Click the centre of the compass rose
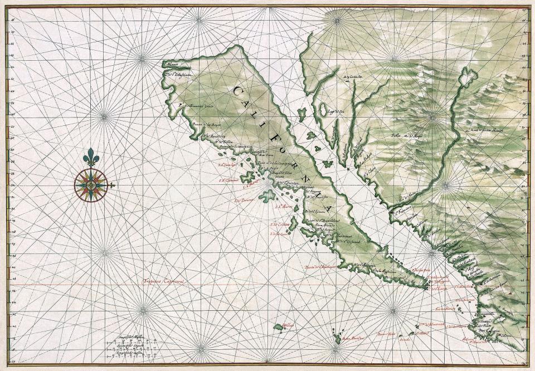coord(92,184)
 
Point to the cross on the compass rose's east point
coord(113,185)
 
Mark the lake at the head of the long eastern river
coord(464,76)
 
